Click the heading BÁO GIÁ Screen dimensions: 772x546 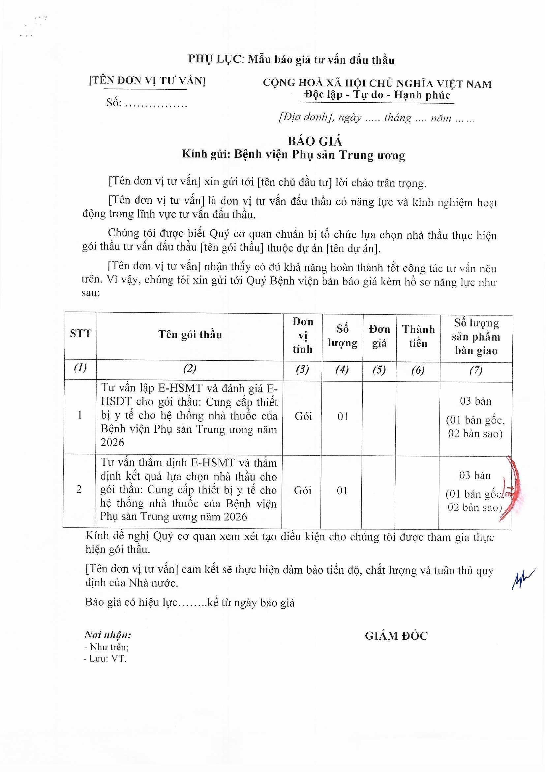315,141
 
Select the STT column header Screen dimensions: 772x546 80,334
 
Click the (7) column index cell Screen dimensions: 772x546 476,371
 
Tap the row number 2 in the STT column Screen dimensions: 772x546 79,489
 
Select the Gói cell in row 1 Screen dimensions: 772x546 303,416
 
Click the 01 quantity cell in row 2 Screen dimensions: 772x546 342,490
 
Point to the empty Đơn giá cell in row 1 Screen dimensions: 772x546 379,417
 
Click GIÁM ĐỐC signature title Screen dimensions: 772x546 396,636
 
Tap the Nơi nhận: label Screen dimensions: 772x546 107,635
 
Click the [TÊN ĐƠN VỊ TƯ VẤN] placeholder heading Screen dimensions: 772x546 147,81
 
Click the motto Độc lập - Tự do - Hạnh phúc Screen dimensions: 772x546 377,95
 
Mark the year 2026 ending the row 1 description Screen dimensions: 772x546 112,442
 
